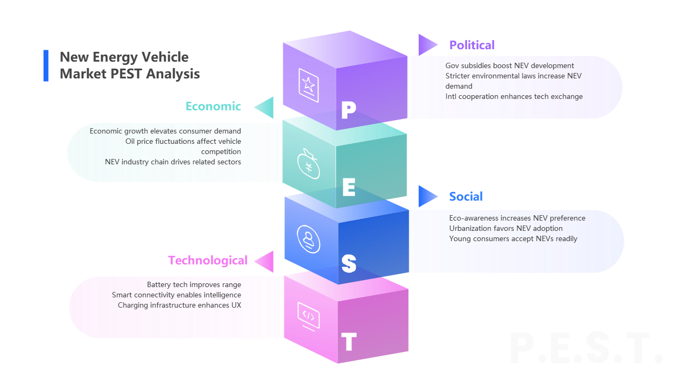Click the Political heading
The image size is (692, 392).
click(471, 45)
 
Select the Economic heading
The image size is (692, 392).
click(213, 106)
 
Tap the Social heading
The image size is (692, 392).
click(465, 196)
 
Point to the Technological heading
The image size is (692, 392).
click(208, 261)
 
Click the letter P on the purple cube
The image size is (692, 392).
click(349, 111)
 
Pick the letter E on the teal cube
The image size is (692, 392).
click(349, 188)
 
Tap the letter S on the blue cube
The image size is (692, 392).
click(349, 263)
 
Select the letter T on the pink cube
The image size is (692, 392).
click(349, 342)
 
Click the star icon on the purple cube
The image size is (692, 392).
click(308, 85)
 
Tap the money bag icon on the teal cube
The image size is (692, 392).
click(308, 163)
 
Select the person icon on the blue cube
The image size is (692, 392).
click(308, 239)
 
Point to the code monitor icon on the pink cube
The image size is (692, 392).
click(308, 316)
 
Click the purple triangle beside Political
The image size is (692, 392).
click(427, 44)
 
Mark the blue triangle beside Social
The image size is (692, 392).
click(427, 196)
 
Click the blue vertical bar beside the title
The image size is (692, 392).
click(46, 65)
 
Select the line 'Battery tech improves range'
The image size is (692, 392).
click(194, 284)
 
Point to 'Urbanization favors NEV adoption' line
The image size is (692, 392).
click(505, 228)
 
